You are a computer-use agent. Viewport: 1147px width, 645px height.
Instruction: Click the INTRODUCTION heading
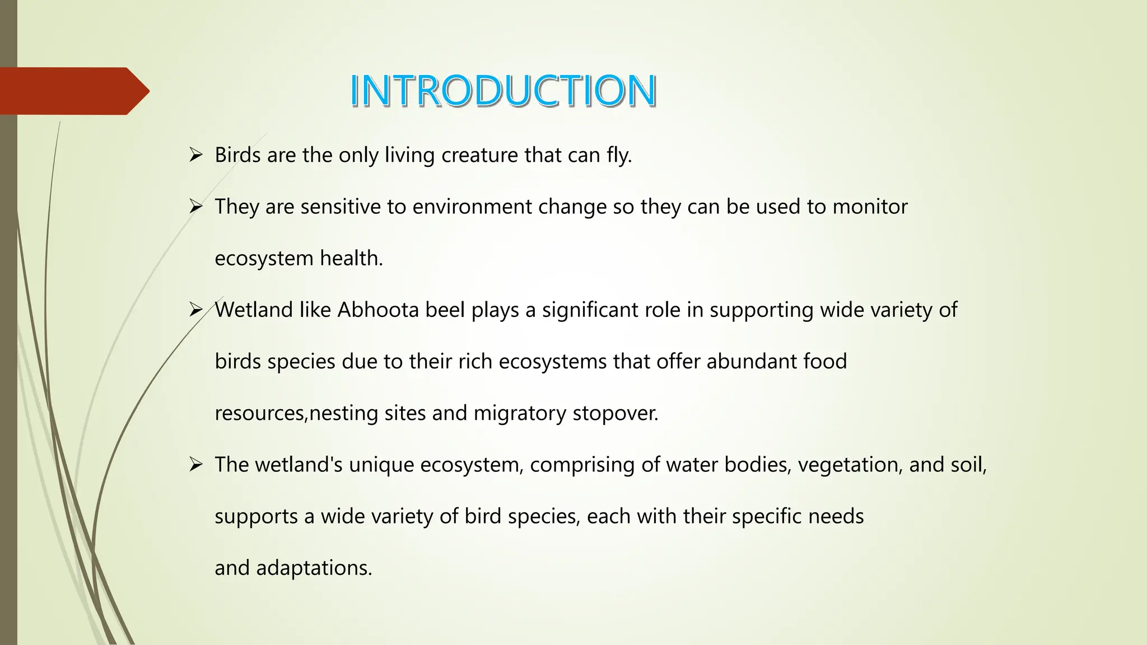click(503, 91)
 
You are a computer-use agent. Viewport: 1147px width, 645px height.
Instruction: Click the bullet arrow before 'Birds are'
click(195, 155)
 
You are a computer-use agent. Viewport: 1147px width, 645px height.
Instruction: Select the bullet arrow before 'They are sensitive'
click(195, 207)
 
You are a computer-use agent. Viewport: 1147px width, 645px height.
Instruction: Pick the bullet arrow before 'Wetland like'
click(195, 310)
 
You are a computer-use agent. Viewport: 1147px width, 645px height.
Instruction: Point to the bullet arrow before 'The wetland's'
click(195, 464)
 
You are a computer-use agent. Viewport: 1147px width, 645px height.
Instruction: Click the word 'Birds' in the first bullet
click(237, 155)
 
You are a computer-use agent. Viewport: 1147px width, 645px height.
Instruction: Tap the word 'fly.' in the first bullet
click(619, 155)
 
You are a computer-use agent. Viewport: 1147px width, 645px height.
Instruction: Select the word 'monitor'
click(870, 207)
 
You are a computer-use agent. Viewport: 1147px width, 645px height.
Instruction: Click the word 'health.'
click(351, 258)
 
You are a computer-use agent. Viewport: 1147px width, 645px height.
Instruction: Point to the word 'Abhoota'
click(378, 310)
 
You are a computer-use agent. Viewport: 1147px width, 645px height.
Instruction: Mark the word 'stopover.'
click(615, 413)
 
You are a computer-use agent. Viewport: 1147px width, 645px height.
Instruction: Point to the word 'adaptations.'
click(314, 568)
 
